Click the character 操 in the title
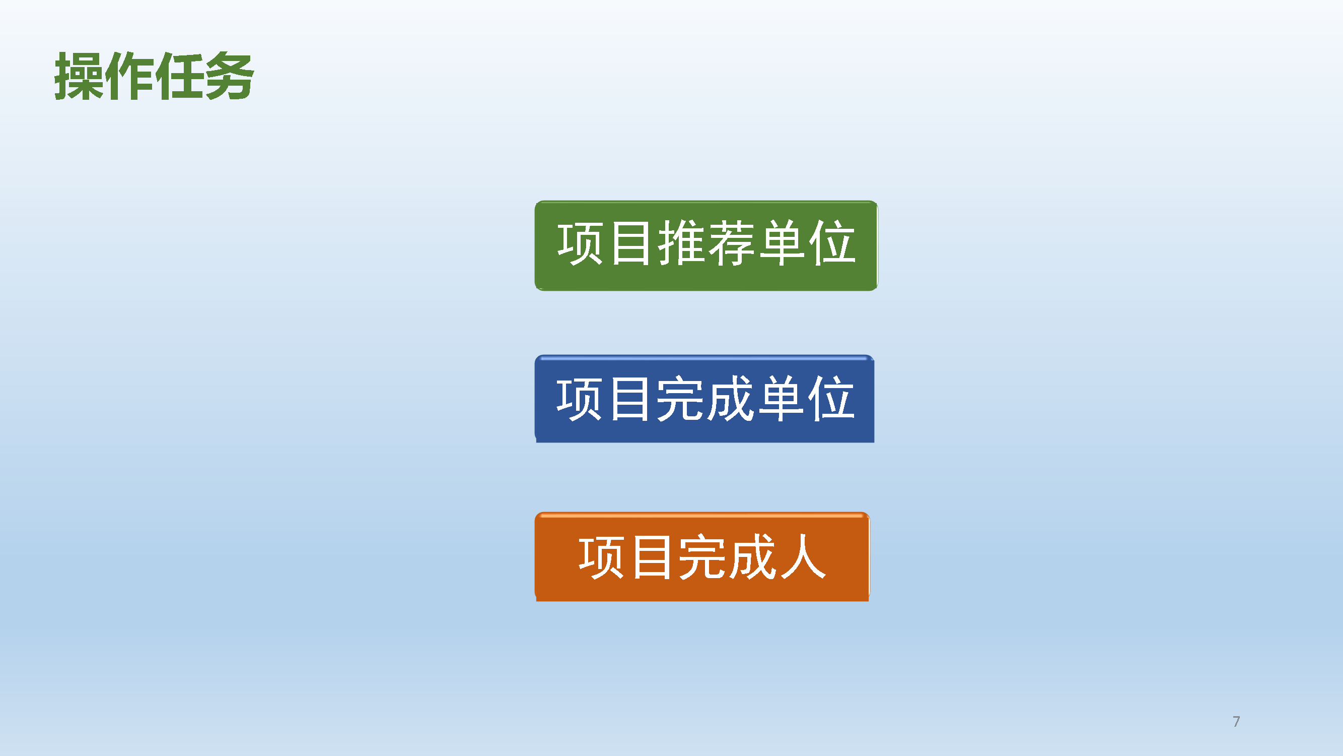coord(79,76)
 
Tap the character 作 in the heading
coord(129,76)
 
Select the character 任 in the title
coord(179,76)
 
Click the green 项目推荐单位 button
coord(706,245)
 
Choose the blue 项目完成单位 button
coord(704,399)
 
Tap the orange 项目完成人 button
coord(702,557)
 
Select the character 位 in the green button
coord(832,242)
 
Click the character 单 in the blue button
coord(781,399)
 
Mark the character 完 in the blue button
coord(679,399)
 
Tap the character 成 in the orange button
coord(752,557)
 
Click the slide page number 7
coord(1236,722)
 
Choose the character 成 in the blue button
coord(730,399)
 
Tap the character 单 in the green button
coord(782,242)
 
